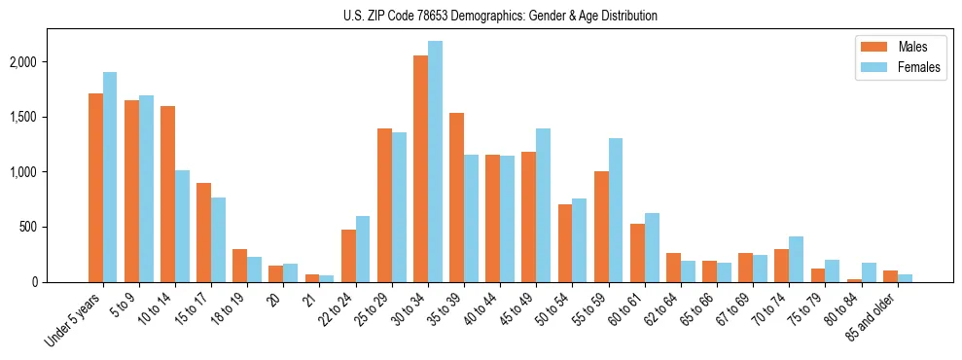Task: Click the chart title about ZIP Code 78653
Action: pos(500,16)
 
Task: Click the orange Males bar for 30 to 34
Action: pos(420,168)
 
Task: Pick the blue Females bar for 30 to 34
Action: pos(435,162)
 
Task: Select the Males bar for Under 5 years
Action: pos(95,188)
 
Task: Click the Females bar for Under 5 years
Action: pos(110,177)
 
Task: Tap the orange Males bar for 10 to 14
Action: pos(167,194)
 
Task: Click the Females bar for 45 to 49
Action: pos(543,205)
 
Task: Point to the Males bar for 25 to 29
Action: pos(384,205)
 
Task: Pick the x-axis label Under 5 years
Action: pos(75,317)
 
